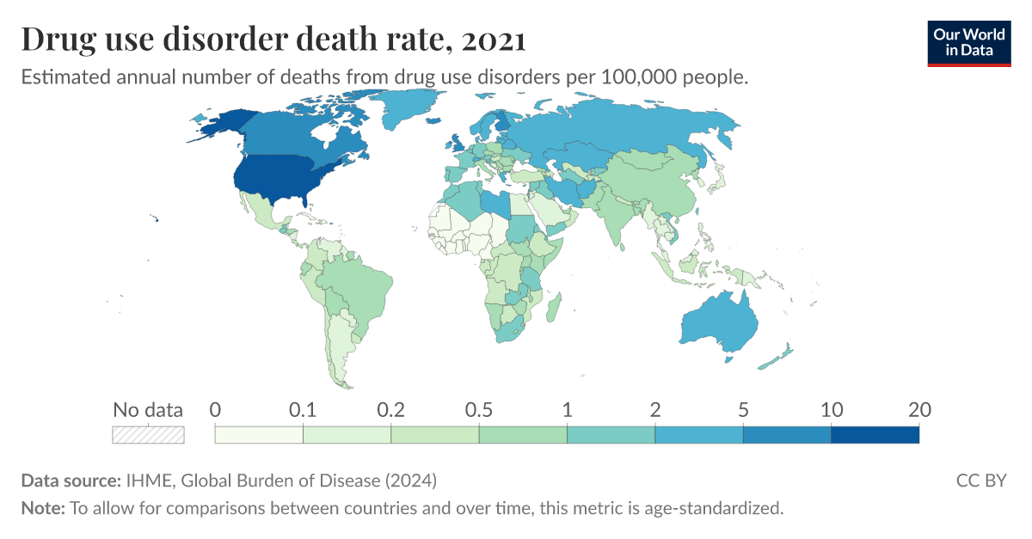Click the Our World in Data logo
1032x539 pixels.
[x=968, y=42]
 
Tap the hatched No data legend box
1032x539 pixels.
[x=148, y=435]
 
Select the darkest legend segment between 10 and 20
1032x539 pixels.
[x=875, y=435]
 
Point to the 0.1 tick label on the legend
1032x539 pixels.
[x=303, y=410]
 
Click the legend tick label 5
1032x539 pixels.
[x=743, y=410]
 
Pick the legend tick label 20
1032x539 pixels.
[x=918, y=410]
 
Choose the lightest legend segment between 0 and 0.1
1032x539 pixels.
[x=259, y=435]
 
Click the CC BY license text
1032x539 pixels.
[x=980, y=480]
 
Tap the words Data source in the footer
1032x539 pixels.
[x=70, y=480]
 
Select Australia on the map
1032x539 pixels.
[x=718, y=322]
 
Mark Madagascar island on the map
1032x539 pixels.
[x=555, y=307]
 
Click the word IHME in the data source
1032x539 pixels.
[x=145, y=480]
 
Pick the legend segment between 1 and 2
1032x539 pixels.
[x=611, y=435]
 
